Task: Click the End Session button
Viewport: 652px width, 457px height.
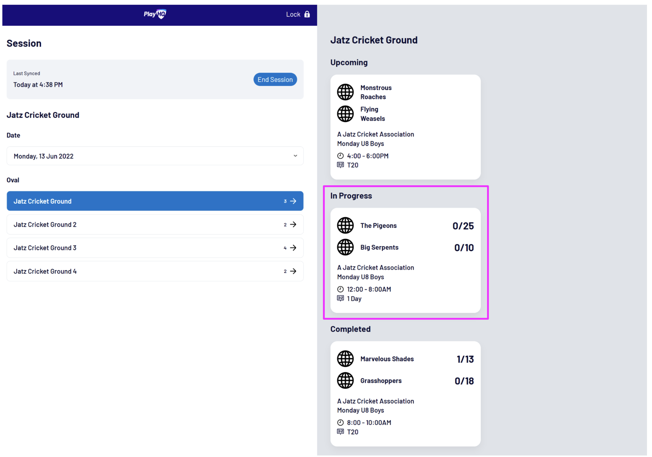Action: coord(275,79)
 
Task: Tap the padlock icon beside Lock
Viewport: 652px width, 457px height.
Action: coord(307,14)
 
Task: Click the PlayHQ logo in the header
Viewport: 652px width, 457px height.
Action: coord(155,14)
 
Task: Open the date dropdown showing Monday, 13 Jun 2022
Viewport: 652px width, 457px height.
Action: coord(155,156)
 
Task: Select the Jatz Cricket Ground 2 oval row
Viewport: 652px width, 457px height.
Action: coord(155,225)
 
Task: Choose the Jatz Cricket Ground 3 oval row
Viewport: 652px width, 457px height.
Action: coord(155,248)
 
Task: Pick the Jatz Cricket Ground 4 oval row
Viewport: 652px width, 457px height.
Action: coord(155,271)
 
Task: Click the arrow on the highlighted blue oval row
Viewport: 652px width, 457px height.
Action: coord(293,201)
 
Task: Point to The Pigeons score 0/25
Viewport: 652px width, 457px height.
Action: coord(463,226)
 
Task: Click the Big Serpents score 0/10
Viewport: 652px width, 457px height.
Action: coord(464,248)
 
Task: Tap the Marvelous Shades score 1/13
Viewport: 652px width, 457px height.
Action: coord(465,359)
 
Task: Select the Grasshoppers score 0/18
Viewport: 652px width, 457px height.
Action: coord(464,381)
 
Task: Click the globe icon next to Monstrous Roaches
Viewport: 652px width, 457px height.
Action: coord(345,92)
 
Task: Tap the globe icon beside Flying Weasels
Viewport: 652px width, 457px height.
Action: coord(345,114)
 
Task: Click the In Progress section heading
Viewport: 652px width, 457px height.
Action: coord(351,196)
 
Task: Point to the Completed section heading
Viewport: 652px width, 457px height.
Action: coord(350,329)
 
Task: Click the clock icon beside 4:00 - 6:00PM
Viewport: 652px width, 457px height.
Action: coord(340,156)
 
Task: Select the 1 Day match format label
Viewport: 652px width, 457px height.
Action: coord(354,299)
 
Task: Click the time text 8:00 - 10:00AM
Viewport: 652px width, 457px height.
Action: coord(369,423)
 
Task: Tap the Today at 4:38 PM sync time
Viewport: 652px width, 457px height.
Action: coord(38,85)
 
